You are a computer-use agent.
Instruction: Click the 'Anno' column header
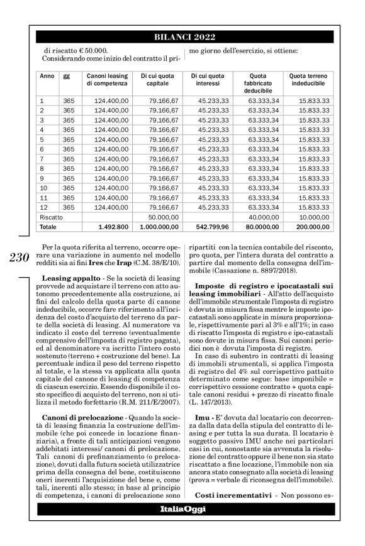coord(46,75)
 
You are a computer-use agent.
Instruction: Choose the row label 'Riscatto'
coord(52,216)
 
